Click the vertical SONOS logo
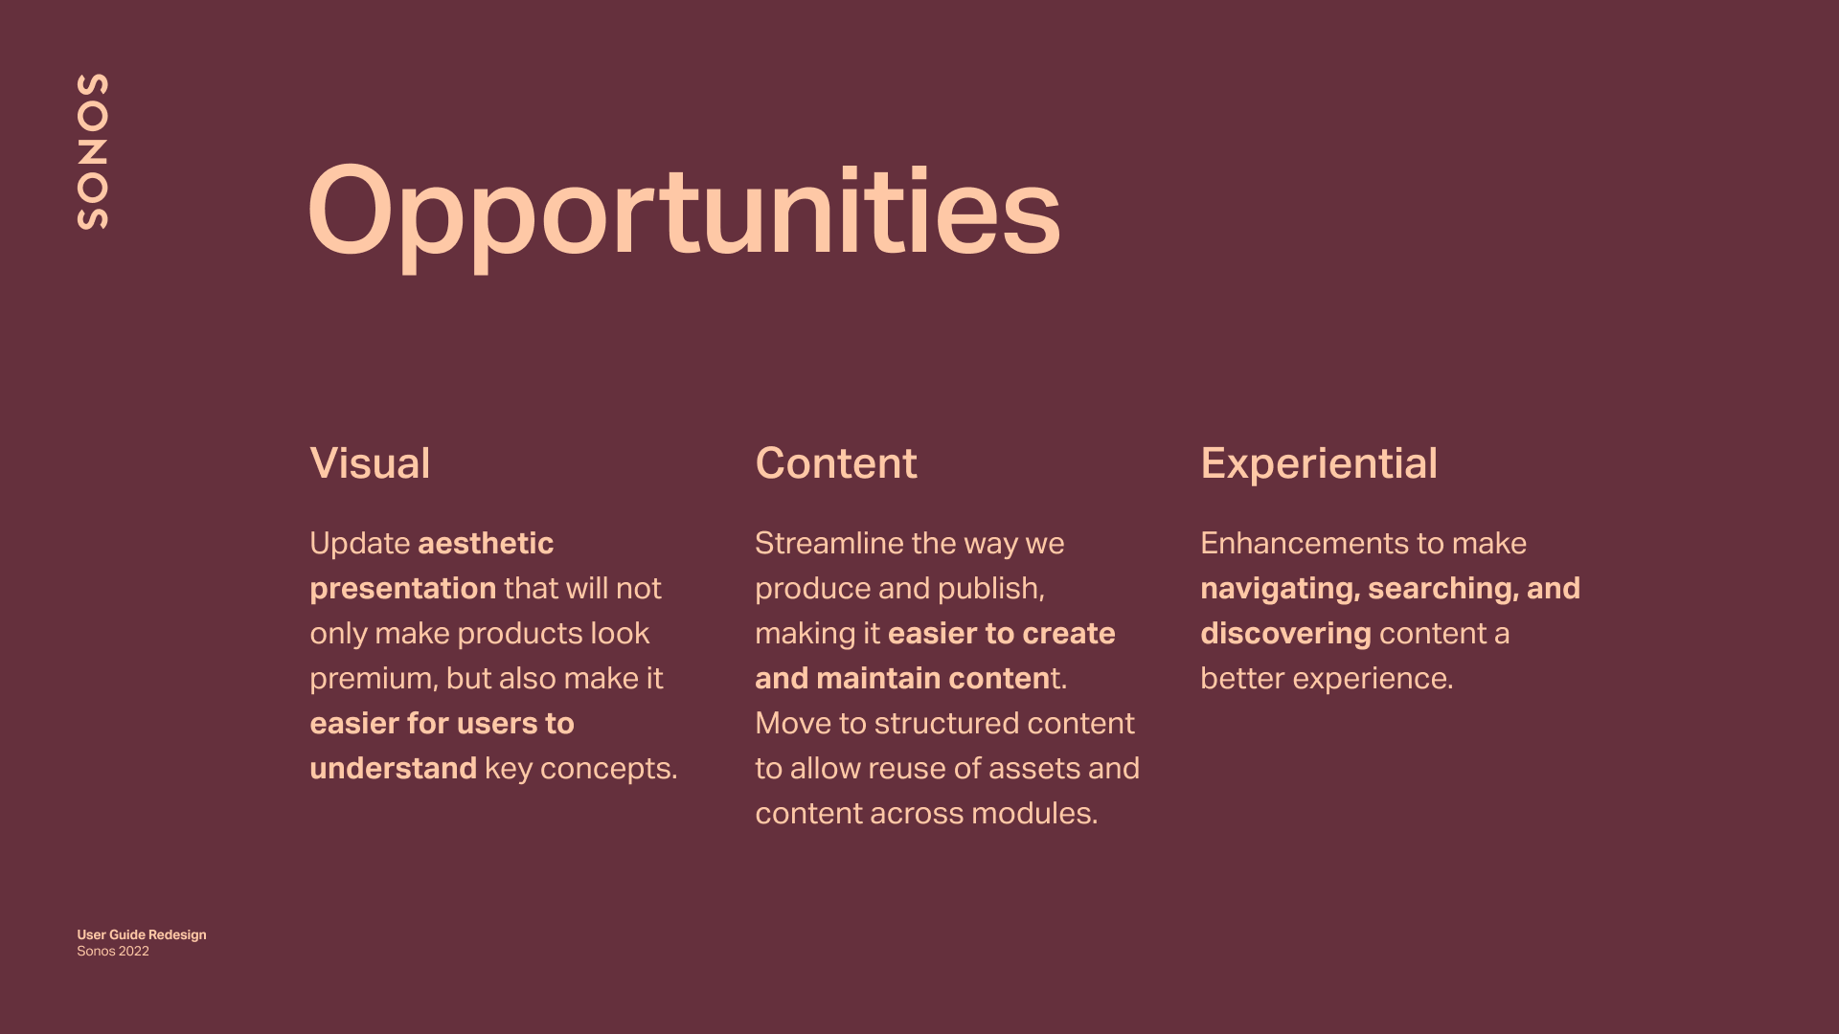pyautogui.click(x=92, y=151)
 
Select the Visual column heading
pyautogui.click(x=370, y=463)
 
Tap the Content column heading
pyautogui.click(x=836, y=463)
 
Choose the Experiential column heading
pyautogui.click(x=1319, y=464)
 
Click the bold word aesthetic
pyautogui.click(x=486, y=543)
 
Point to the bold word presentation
pyautogui.click(x=403, y=589)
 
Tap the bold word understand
pyautogui.click(x=393, y=768)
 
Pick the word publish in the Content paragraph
pyautogui.click(x=990, y=589)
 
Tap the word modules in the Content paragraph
pyautogui.click(x=1034, y=813)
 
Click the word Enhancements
pyautogui.click(x=1305, y=543)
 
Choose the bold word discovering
pyautogui.click(x=1285, y=635)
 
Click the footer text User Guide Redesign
pyautogui.click(x=142, y=934)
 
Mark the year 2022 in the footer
pyautogui.click(x=133, y=951)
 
